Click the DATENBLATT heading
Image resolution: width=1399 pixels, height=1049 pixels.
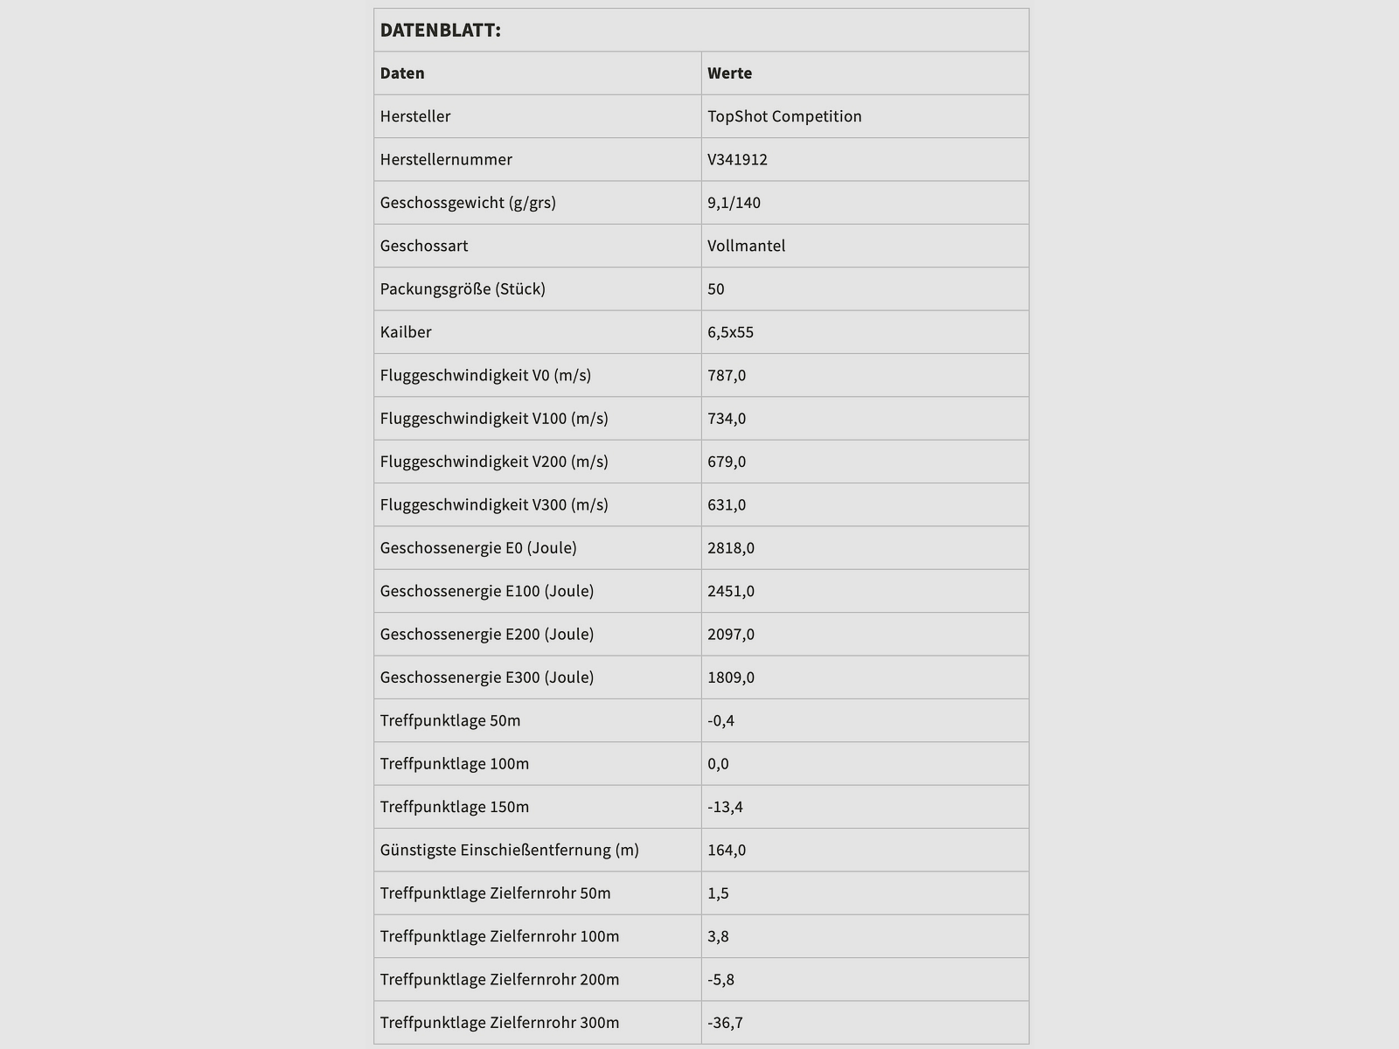tap(440, 31)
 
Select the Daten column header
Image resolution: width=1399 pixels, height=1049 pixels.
tap(402, 73)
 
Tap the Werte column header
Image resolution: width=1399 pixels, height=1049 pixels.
tap(729, 73)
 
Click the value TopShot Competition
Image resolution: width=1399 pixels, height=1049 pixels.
tap(784, 116)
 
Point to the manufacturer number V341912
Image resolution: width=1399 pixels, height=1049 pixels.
tap(737, 159)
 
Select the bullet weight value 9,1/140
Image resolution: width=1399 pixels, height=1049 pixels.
tap(734, 203)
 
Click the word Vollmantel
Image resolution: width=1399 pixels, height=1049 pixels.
tap(746, 246)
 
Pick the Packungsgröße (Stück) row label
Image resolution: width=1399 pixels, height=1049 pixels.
tap(463, 288)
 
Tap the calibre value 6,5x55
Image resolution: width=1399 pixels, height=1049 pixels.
tap(730, 332)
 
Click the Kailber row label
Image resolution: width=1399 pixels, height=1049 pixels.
tap(406, 332)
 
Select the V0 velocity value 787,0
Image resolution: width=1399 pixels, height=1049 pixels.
tap(727, 375)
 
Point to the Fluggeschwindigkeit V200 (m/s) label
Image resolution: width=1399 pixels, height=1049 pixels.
tap(494, 462)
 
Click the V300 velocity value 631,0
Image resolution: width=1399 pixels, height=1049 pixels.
tap(727, 504)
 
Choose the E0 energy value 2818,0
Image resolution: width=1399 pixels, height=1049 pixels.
tap(731, 548)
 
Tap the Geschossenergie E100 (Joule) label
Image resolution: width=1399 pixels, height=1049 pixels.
tap(487, 591)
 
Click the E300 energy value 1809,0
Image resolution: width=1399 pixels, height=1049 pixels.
tap(731, 677)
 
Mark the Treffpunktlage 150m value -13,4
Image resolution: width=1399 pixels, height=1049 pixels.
tap(725, 807)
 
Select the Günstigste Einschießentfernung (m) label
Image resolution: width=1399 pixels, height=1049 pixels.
tap(509, 850)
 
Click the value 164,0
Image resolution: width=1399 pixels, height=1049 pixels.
tap(727, 850)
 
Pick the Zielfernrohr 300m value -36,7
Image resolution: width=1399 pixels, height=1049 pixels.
tap(725, 1023)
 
